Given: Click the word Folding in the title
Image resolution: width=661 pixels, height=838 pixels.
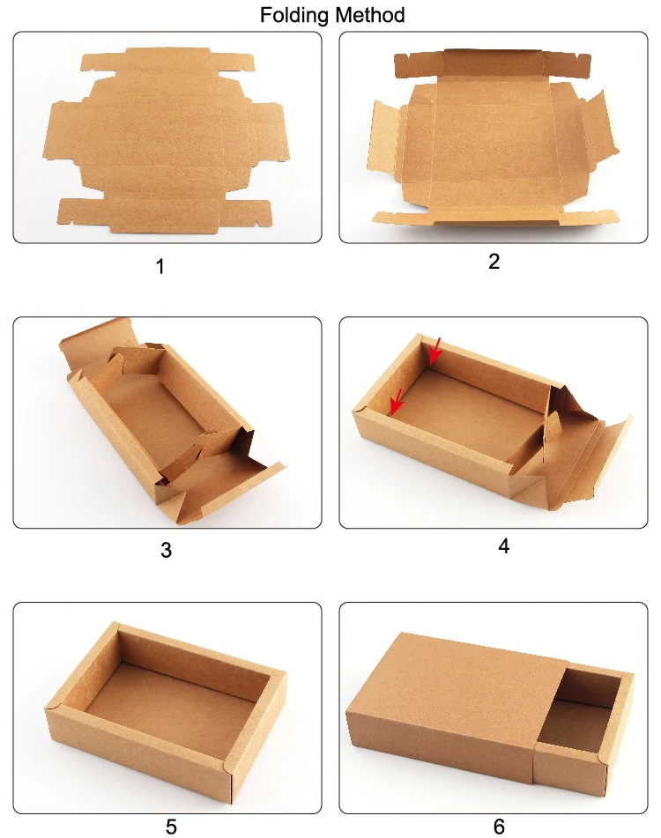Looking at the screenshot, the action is point(293,15).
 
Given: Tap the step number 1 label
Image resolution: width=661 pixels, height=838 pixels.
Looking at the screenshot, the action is point(160,266).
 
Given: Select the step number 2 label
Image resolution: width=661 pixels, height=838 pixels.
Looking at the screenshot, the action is point(494,261).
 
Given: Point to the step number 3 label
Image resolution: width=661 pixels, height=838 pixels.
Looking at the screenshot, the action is point(166,549).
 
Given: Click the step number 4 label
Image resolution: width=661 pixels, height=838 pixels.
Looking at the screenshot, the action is point(503,546).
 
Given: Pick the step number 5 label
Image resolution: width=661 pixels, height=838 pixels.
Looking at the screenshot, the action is point(171,827).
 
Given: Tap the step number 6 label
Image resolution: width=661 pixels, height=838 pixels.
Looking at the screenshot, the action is point(499,827).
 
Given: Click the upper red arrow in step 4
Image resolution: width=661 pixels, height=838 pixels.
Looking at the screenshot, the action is point(435,351).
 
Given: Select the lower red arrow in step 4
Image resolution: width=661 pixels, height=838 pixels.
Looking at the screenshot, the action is point(396,401).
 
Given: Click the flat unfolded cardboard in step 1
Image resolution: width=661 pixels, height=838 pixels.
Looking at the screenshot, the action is point(166,140).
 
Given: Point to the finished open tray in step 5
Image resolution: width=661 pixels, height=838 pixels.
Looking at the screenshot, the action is point(166,711).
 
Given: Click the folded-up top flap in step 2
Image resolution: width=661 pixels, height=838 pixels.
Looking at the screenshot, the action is point(493,64).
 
